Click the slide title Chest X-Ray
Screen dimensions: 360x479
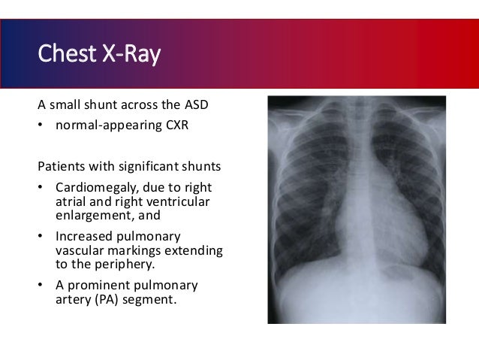pyautogui.click(x=98, y=56)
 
